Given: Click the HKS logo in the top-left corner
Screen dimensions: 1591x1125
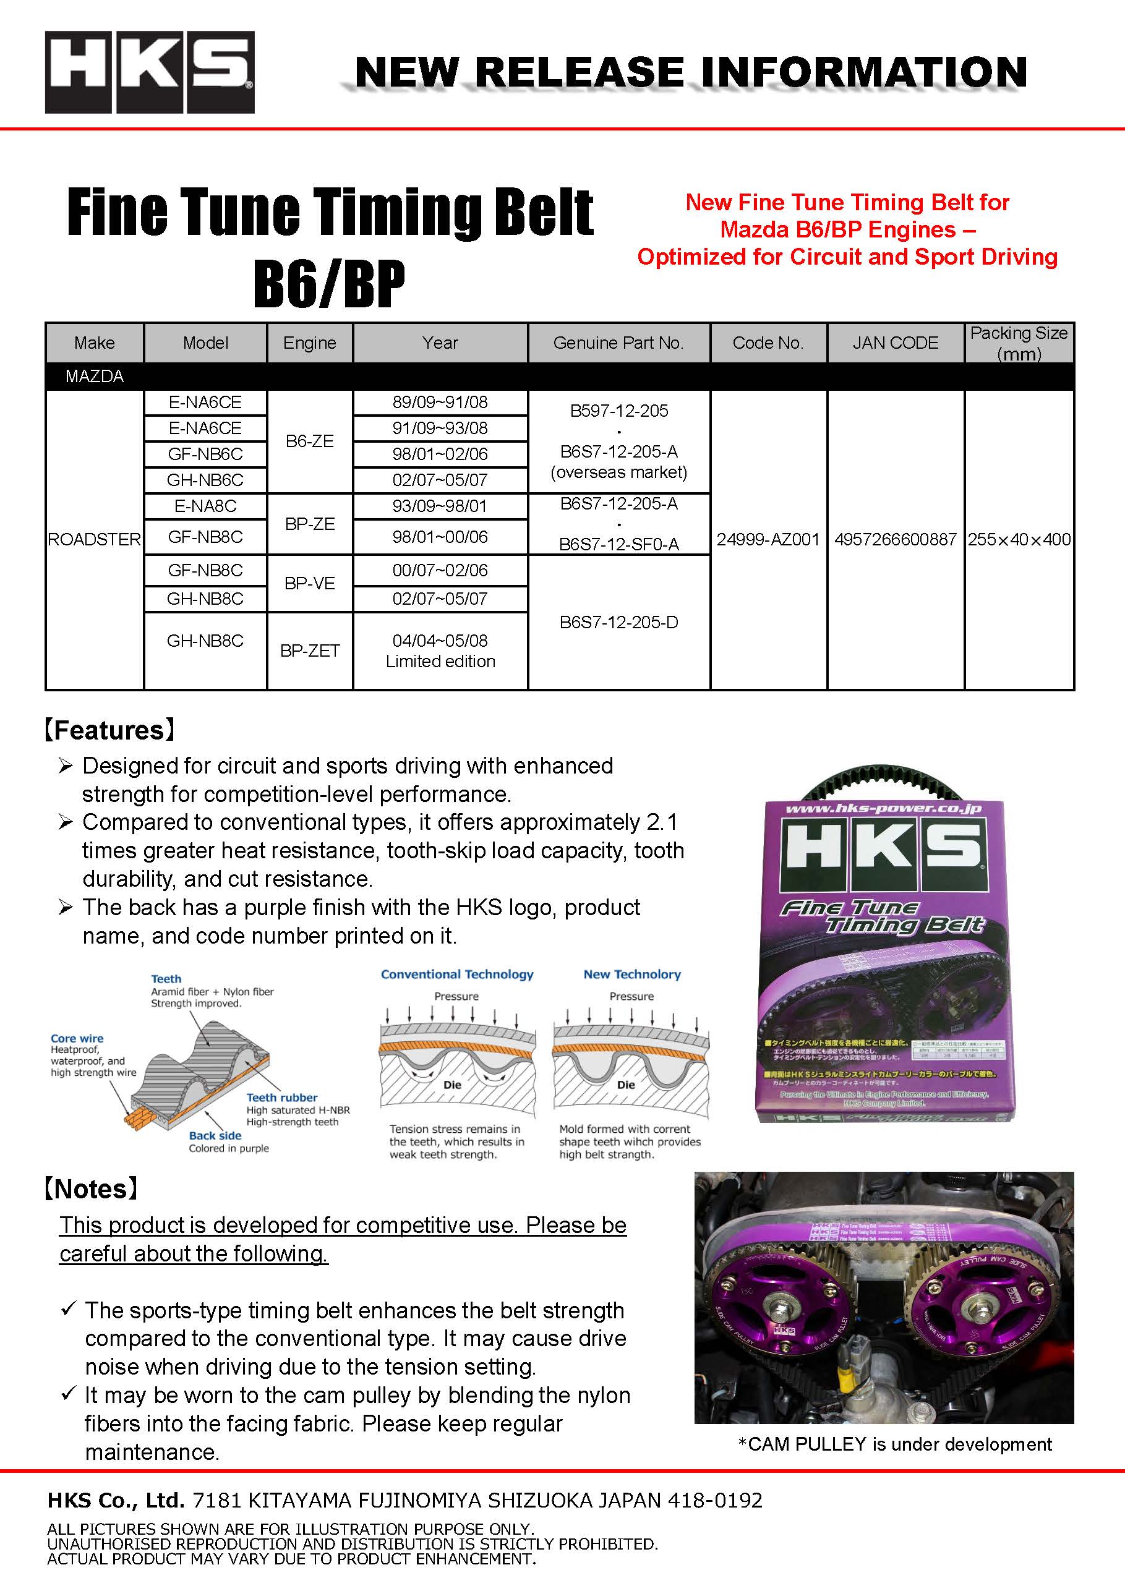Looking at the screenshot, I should (150, 72).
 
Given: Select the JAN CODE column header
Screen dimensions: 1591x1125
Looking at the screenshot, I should (895, 343).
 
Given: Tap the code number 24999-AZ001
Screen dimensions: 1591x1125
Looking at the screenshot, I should (768, 539).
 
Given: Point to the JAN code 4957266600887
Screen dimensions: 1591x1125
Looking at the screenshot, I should (895, 539).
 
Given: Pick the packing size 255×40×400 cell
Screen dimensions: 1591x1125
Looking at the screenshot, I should (1019, 539).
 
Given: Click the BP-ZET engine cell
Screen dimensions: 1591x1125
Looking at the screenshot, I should (310, 650).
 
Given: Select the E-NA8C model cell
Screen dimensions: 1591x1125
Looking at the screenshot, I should (205, 506).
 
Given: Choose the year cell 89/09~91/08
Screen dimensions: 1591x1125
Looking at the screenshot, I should (440, 402).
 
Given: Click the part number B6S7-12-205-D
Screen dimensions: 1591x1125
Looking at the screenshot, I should (618, 621).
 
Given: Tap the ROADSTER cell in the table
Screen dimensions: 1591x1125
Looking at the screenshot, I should (94, 539).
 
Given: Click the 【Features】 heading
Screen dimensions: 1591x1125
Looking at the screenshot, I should (109, 730).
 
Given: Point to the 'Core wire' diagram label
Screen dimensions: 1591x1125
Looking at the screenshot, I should (77, 1038).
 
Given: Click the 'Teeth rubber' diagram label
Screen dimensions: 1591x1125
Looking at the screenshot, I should (282, 1098).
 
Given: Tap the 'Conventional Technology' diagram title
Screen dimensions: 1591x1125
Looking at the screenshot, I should (457, 974).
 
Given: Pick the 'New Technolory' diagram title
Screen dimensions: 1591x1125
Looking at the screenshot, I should (632, 974).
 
